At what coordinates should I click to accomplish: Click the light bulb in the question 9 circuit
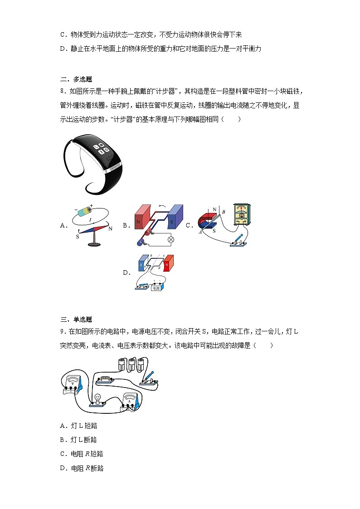97,398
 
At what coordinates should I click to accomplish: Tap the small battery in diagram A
85,212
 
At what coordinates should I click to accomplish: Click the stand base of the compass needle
94,245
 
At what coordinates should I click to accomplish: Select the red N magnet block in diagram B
142,221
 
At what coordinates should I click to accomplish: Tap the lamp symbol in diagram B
171,239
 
